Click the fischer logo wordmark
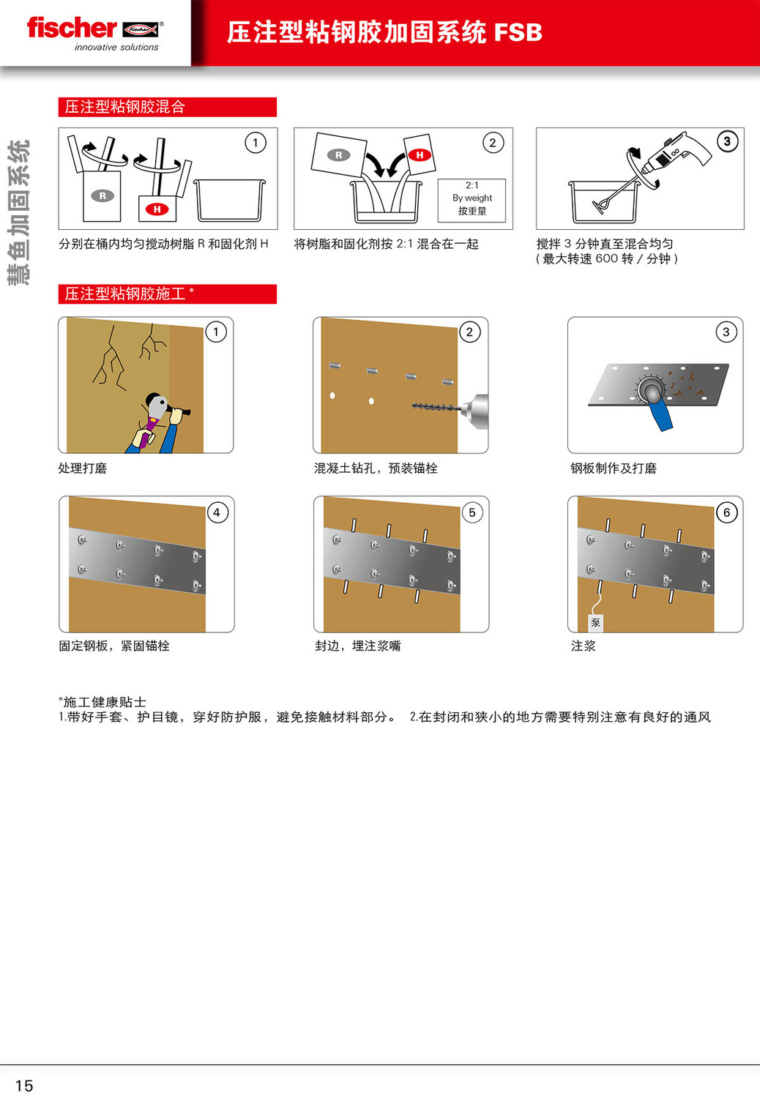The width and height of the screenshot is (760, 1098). coord(72,28)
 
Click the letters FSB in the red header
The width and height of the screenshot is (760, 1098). coord(518,32)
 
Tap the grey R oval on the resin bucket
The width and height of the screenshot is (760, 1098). coord(103,196)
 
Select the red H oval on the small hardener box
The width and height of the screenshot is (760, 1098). coord(157,209)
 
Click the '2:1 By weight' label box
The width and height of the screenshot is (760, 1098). coord(472,201)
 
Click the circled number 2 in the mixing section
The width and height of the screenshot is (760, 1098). coord(493,143)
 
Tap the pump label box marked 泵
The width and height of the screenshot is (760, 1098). coord(595,622)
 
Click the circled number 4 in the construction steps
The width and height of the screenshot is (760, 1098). coord(217,512)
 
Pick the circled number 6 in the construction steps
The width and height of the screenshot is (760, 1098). coord(726,512)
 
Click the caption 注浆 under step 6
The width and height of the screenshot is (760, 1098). coord(583,646)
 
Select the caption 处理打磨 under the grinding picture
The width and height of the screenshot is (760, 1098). coord(83,468)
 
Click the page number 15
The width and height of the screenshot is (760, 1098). coord(24,1086)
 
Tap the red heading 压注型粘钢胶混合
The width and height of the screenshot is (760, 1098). coord(124,107)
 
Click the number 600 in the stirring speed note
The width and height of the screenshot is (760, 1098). coord(606,258)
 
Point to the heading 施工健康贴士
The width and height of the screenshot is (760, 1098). coord(104,702)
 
